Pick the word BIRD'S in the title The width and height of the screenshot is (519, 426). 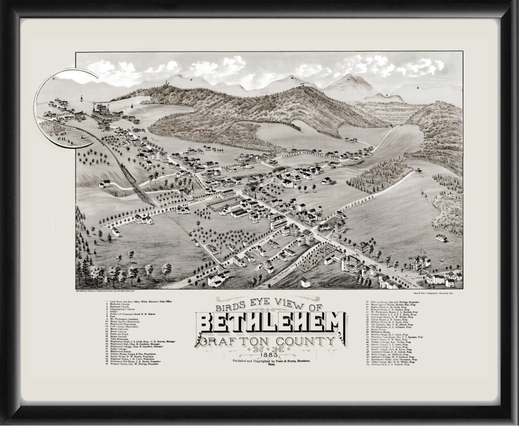tap(230, 307)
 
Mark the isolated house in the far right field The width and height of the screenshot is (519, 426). tap(441, 237)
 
